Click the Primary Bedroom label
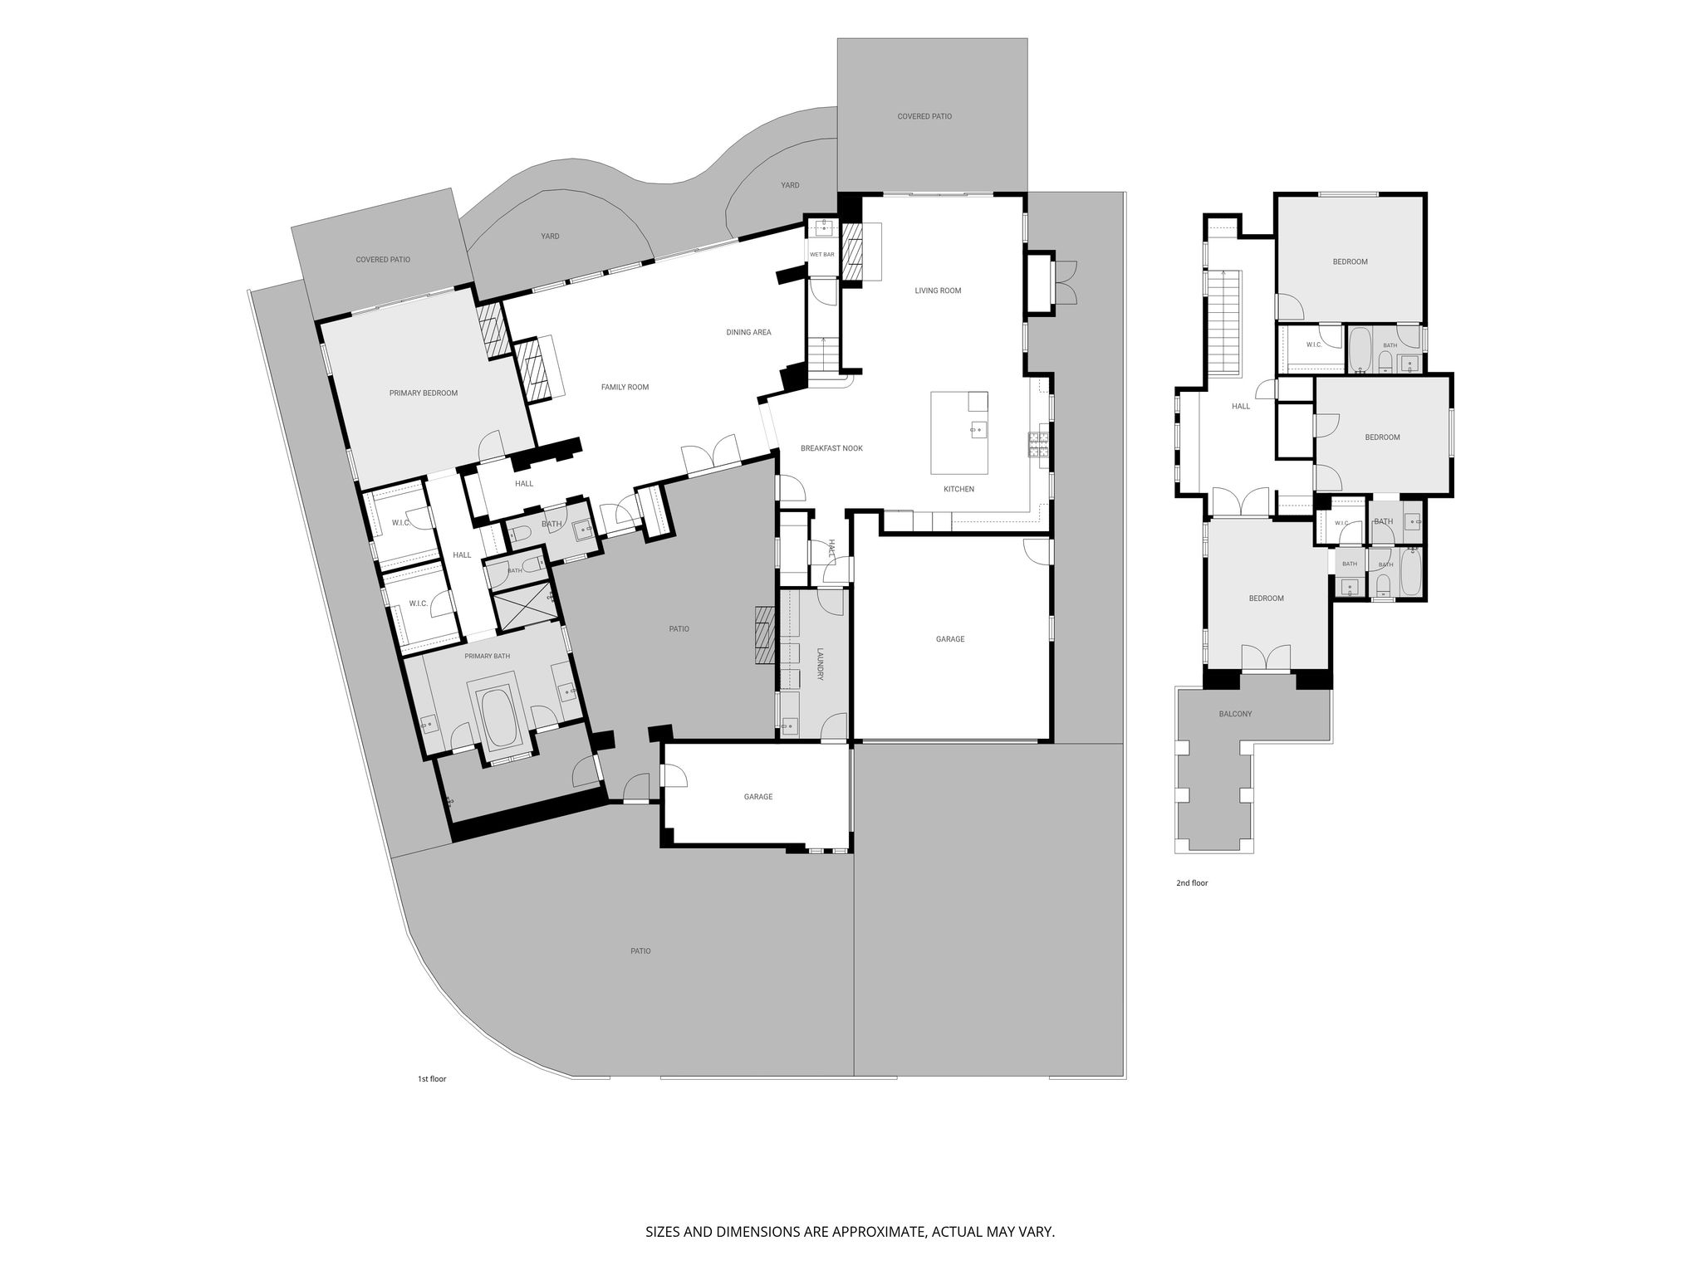[x=424, y=393]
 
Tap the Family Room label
[x=625, y=388]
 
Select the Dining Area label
[x=748, y=333]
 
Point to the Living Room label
[x=938, y=291]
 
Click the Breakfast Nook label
[x=831, y=449]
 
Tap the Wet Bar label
[x=822, y=255]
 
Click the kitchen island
[x=959, y=432]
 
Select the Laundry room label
[x=820, y=664]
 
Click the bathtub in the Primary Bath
[x=499, y=715]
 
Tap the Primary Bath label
[x=488, y=657]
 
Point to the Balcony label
[x=1235, y=714]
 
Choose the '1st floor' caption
[x=432, y=1079]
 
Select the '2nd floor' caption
[x=1192, y=883]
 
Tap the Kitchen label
[x=958, y=490]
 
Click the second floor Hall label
[x=1241, y=407]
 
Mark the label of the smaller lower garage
[x=758, y=797]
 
